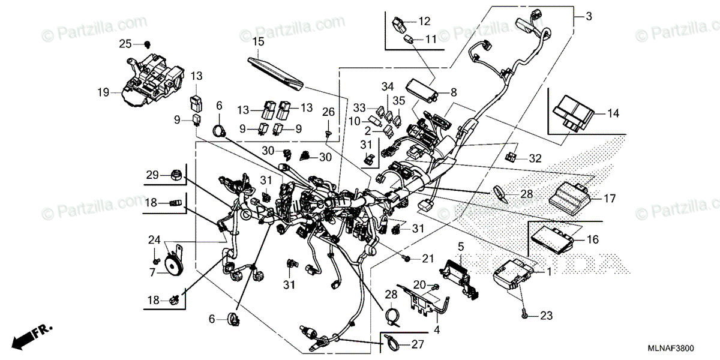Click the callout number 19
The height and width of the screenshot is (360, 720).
tap(104, 92)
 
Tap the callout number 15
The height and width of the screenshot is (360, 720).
tap(258, 41)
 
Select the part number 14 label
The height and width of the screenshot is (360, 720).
tap(612, 113)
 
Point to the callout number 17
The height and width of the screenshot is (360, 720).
tap(610, 198)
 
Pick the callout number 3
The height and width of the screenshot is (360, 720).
tap(589, 17)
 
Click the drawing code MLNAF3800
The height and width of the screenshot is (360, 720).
tap(683, 348)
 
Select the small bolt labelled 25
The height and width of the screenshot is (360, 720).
tap(147, 43)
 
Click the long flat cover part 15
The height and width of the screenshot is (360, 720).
tap(276, 70)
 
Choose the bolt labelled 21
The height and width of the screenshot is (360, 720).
tap(407, 259)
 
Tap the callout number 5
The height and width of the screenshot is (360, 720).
tap(461, 246)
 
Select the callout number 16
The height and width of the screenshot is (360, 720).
tap(593, 239)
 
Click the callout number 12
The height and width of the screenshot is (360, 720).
tap(424, 22)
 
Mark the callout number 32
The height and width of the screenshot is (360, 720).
tap(535, 158)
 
